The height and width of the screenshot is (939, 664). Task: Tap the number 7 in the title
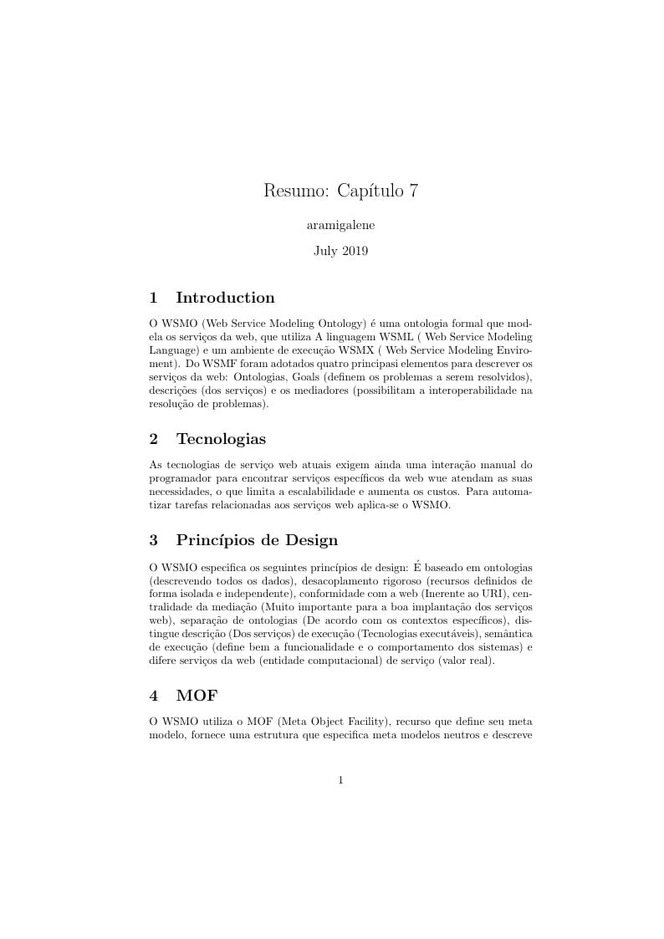click(412, 191)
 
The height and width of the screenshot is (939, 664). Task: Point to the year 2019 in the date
click(354, 251)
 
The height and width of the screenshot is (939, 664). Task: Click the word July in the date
click(325, 251)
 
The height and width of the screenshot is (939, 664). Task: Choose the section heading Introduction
click(225, 298)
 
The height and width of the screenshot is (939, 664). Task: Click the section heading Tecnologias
click(221, 439)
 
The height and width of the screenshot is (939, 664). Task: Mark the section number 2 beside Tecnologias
click(153, 439)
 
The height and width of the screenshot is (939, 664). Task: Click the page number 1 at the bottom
click(340, 780)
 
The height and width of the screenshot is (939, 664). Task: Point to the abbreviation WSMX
click(357, 350)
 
